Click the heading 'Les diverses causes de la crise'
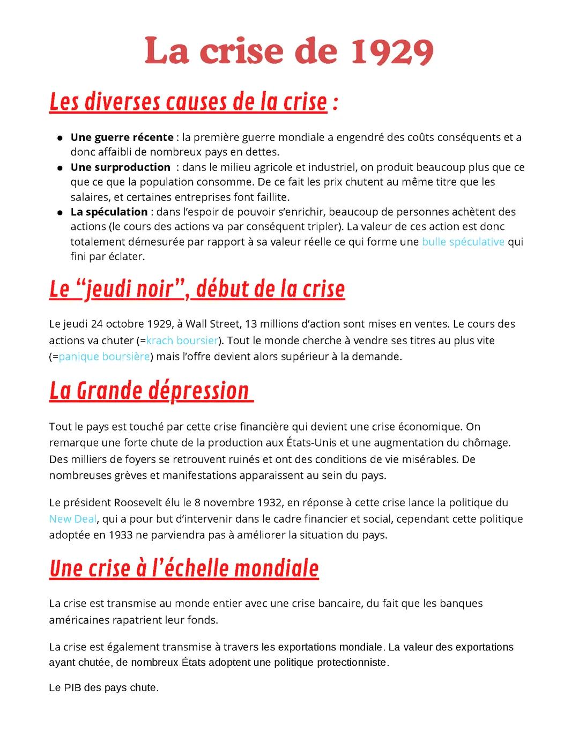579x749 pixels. pos(188,102)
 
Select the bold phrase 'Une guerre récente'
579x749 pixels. pos(122,137)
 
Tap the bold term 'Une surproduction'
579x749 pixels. pos(120,167)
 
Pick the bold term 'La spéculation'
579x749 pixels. pos(109,212)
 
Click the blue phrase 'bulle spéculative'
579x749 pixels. pos(463,242)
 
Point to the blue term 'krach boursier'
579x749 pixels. pos(182,340)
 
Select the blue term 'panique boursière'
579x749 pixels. pos(104,357)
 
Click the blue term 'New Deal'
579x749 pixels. pos(73,519)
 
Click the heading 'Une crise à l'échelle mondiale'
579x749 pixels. pos(184,568)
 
